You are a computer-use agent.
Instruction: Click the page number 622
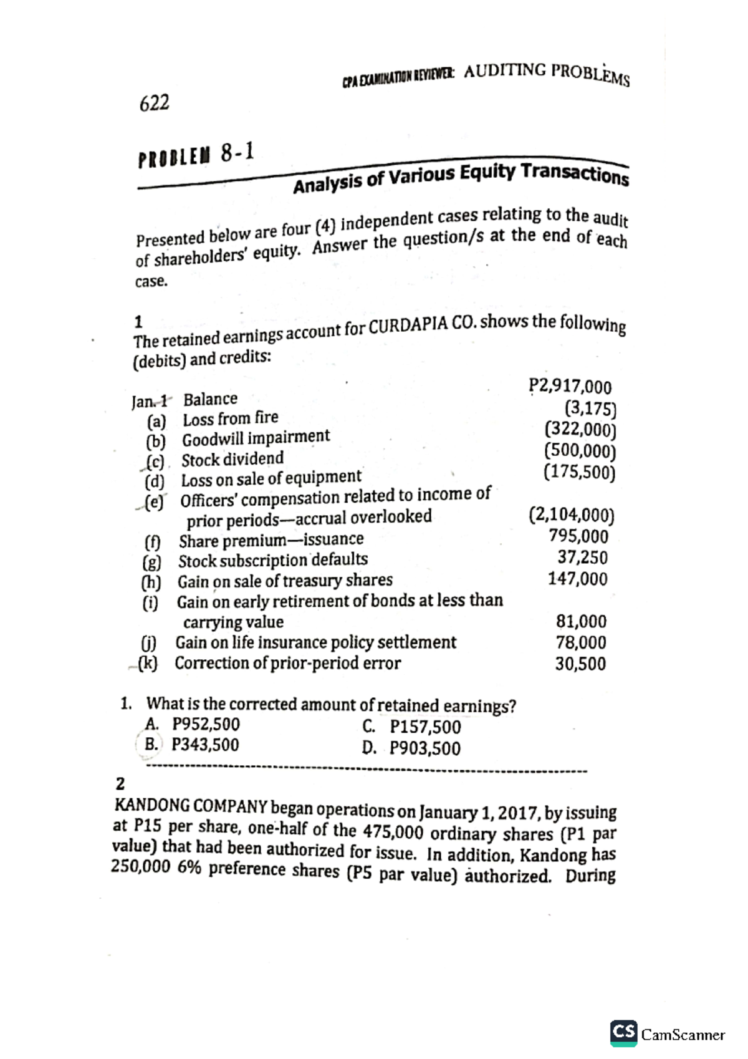(x=155, y=103)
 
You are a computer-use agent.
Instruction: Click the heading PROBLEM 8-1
(x=196, y=155)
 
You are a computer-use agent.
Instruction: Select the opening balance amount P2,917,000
(x=570, y=387)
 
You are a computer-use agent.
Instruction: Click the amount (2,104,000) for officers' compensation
(x=571, y=515)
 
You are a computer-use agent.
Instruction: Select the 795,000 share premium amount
(x=578, y=536)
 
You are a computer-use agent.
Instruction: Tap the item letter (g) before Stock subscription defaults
(x=151, y=562)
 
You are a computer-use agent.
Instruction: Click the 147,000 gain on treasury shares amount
(x=577, y=579)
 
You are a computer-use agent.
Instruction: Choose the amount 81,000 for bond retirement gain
(x=581, y=621)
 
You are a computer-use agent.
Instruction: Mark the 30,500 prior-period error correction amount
(x=580, y=664)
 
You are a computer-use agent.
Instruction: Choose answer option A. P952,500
(x=193, y=724)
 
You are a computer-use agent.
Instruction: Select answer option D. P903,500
(x=411, y=748)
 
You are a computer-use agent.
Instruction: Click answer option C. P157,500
(x=411, y=727)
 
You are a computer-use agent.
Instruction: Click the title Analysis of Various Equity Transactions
(x=461, y=176)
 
